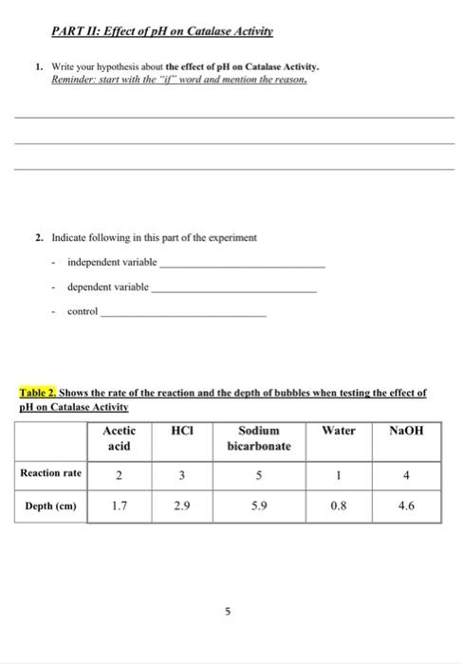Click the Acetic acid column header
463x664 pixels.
tap(119, 437)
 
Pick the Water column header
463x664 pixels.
tap(339, 430)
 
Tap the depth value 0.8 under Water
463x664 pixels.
tap(339, 507)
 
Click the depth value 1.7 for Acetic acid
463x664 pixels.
tap(119, 507)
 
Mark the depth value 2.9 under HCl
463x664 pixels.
tap(180, 507)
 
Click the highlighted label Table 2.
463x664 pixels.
tap(40, 391)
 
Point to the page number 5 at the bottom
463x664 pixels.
tap(228, 612)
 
